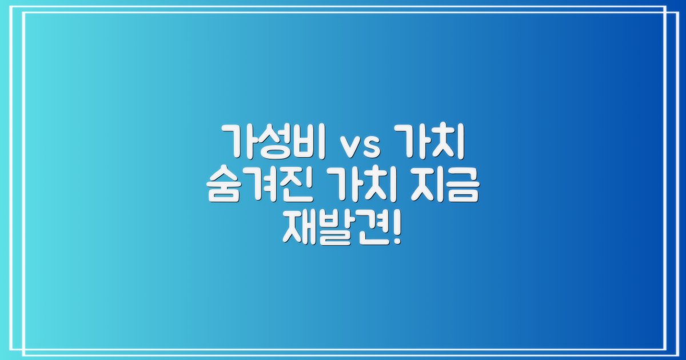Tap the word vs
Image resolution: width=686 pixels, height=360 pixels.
pyautogui.click(x=361, y=146)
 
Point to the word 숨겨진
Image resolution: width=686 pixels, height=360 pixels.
pyautogui.click(x=259, y=185)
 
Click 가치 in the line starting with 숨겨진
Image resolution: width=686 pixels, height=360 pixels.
pyautogui.click(x=361, y=185)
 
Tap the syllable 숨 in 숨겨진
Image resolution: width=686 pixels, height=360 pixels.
pyautogui.click(x=224, y=185)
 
